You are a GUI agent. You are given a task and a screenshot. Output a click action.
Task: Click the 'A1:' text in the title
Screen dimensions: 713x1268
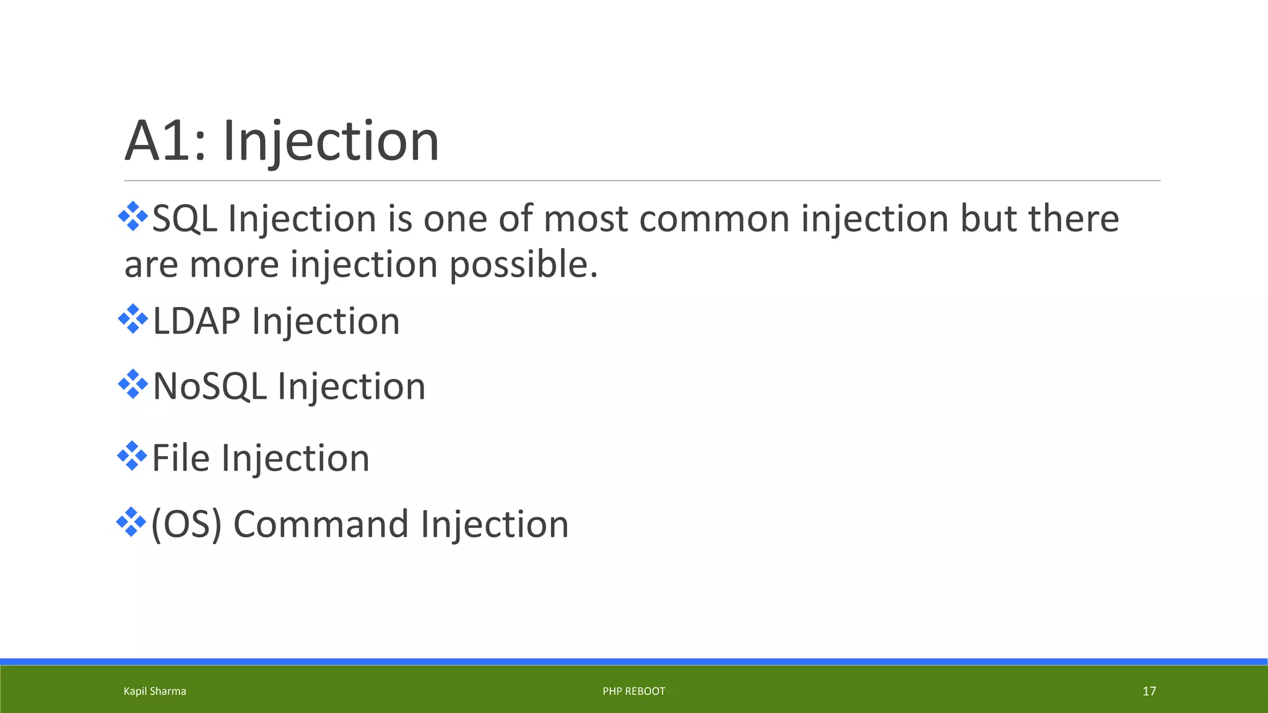pos(165,141)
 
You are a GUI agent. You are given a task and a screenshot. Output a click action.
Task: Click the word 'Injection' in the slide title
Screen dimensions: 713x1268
pos(331,142)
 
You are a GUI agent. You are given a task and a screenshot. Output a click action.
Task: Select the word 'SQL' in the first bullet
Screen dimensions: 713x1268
pos(185,219)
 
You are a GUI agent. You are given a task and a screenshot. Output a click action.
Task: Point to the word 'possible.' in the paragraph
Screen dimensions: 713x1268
pos(523,265)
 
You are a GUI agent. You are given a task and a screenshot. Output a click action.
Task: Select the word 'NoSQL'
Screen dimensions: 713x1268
pos(209,387)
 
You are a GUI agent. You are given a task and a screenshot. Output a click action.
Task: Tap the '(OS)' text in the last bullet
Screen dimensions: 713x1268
pos(186,524)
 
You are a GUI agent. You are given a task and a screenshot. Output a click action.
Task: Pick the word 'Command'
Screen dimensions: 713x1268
pos(321,524)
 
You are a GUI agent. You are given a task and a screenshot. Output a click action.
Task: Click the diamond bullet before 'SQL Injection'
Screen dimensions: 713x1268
pos(132,217)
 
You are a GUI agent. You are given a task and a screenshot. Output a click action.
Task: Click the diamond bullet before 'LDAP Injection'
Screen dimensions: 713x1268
pos(132,319)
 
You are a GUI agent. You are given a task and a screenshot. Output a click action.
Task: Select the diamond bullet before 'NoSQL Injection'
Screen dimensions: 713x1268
pos(132,384)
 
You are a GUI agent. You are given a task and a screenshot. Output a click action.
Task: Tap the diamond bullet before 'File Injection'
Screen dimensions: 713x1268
pos(132,456)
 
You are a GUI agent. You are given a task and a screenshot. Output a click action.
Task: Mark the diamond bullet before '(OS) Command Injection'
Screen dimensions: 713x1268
pos(131,522)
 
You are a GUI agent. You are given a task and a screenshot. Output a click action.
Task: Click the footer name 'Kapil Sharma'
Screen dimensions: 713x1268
pos(155,691)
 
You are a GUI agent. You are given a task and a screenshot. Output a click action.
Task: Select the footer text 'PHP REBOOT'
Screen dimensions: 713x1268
pos(633,691)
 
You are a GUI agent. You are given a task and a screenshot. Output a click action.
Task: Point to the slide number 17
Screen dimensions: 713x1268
pos(1149,691)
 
